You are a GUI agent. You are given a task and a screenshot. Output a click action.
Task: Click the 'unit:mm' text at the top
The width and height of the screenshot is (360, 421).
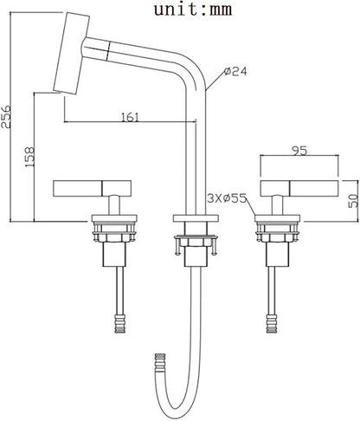point(193,10)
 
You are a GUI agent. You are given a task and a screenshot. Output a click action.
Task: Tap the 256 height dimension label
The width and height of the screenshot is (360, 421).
point(6,117)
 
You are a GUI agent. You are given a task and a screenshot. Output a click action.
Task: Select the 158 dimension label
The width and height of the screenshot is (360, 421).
point(29,157)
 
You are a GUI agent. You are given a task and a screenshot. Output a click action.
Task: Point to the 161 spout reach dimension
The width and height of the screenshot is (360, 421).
point(130,117)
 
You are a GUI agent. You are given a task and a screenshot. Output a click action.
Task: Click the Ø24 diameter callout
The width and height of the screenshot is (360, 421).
point(235,71)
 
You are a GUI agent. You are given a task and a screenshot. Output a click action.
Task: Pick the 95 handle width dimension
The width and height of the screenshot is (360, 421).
point(299,151)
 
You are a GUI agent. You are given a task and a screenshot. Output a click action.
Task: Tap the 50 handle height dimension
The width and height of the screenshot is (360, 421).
point(353,201)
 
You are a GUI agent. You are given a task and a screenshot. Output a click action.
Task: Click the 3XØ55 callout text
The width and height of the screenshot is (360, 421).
point(228,198)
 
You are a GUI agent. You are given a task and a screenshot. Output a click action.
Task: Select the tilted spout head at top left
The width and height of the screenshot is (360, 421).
point(72,53)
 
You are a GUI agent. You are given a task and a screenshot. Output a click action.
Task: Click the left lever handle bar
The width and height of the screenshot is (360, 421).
point(93,188)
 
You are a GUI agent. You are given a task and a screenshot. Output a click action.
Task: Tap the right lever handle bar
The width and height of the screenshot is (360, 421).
point(299,188)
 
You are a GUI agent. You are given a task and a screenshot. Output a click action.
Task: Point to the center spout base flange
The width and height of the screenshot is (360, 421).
point(196,218)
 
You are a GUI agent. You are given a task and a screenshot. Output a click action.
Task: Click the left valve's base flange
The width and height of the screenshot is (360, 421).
point(114,218)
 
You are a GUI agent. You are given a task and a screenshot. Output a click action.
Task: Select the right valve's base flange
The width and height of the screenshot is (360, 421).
point(278,218)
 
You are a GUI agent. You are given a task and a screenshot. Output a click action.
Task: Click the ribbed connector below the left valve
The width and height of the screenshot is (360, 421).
point(120,323)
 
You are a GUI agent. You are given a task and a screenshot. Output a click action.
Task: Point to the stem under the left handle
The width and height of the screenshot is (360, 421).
point(114,205)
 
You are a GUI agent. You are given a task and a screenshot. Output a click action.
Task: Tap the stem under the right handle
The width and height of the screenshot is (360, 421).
point(278,205)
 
